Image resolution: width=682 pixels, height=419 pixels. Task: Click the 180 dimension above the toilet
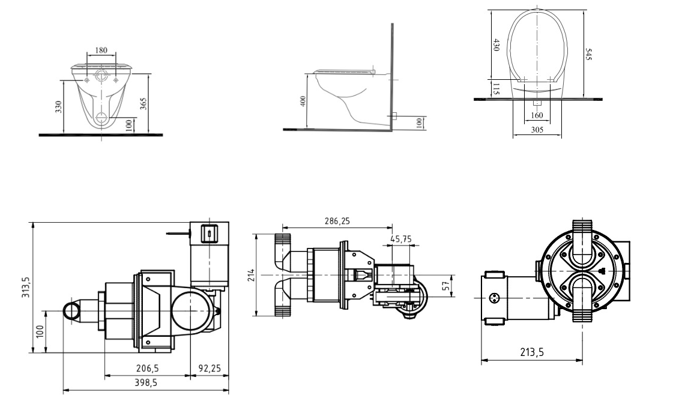pyautogui.click(x=101, y=50)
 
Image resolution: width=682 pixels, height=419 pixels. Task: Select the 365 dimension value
pyautogui.click(x=143, y=104)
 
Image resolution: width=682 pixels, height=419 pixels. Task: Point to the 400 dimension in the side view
pyautogui.click(x=303, y=101)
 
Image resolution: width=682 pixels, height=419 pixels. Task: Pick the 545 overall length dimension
pyautogui.click(x=588, y=55)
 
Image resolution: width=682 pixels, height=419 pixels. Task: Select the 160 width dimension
pyautogui.click(x=537, y=115)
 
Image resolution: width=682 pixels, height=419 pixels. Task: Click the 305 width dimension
pyautogui.click(x=537, y=130)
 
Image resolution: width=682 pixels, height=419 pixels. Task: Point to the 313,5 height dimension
pyautogui.click(x=26, y=287)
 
